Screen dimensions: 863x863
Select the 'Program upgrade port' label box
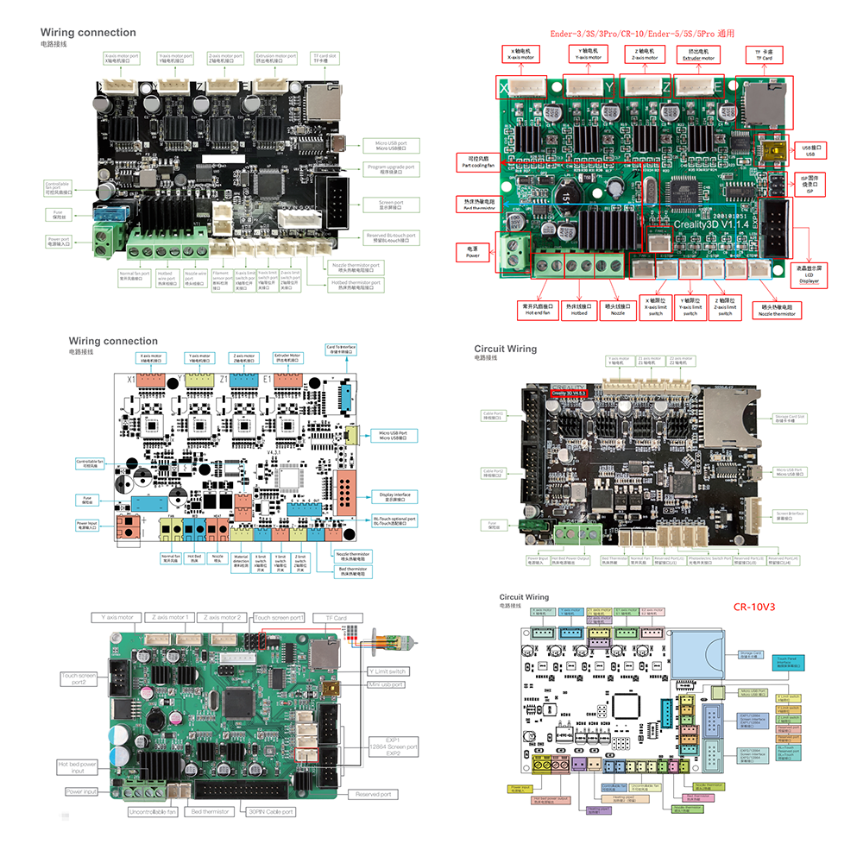(390, 167)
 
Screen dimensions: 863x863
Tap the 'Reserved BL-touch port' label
(390, 236)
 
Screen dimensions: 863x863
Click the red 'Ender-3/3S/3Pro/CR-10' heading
(642, 35)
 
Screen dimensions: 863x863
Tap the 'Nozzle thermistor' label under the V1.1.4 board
(776, 309)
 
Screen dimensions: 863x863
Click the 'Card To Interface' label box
(341, 350)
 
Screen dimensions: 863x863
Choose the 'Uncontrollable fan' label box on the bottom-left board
(153, 811)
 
